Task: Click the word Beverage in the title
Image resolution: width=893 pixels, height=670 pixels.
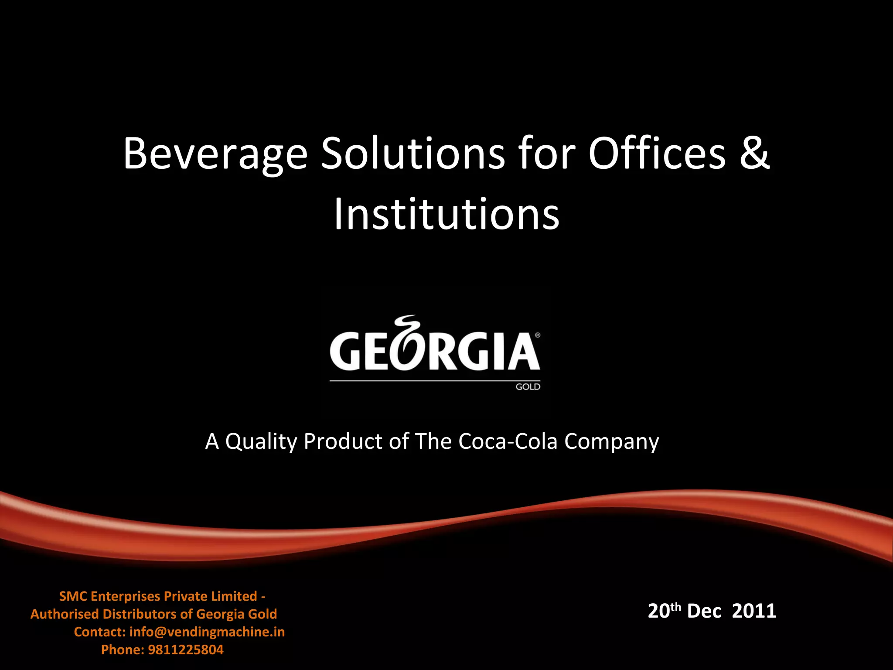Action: [x=215, y=154]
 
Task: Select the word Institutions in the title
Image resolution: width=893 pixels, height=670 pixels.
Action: [x=446, y=214]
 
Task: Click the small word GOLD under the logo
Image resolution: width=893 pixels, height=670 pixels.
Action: [x=528, y=386]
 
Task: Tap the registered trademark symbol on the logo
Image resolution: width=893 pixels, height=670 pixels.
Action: [x=537, y=335]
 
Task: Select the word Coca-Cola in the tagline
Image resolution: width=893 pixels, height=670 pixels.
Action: [x=508, y=441]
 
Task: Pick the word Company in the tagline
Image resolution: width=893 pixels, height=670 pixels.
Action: [x=611, y=442]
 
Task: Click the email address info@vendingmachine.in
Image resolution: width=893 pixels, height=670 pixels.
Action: [x=207, y=632]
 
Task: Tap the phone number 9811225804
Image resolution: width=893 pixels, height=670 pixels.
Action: [x=186, y=649]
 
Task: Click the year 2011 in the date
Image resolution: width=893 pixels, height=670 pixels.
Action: [x=754, y=611]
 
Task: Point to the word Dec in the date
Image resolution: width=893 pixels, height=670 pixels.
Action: [x=704, y=611]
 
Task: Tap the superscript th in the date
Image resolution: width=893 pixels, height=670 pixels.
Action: [x=675, y=606]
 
